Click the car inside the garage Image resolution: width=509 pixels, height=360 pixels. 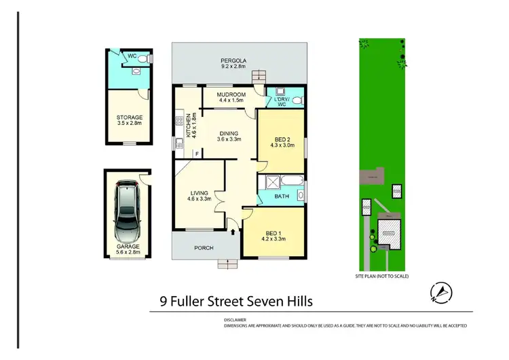(127, 212)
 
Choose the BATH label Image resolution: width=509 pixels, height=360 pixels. (281, 198)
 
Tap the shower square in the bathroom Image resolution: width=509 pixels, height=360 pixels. (270, 181)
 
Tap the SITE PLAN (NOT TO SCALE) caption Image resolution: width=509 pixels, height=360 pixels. (381, 277)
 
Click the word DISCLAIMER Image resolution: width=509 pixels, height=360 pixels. (235, 319)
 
